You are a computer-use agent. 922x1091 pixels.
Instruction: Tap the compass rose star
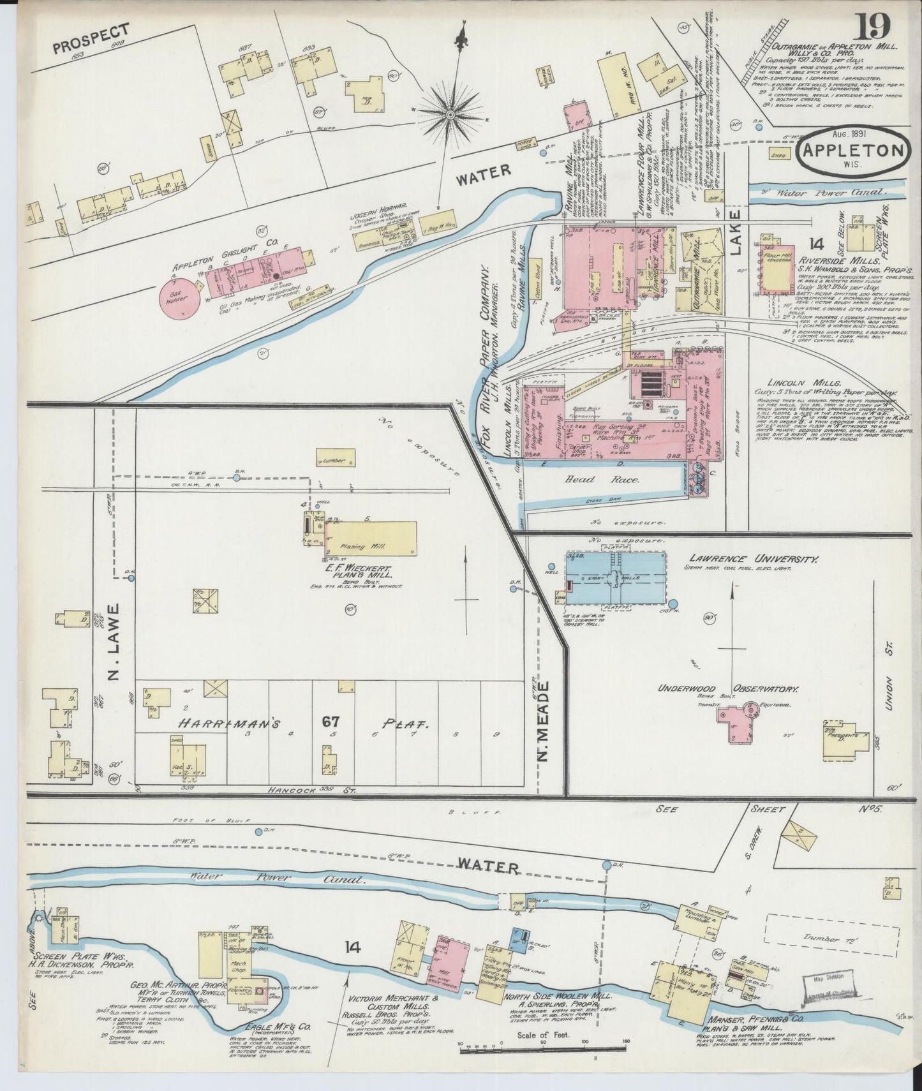(x=450, y=115)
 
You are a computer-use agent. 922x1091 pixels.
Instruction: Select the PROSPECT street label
(x=91, y=39)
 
